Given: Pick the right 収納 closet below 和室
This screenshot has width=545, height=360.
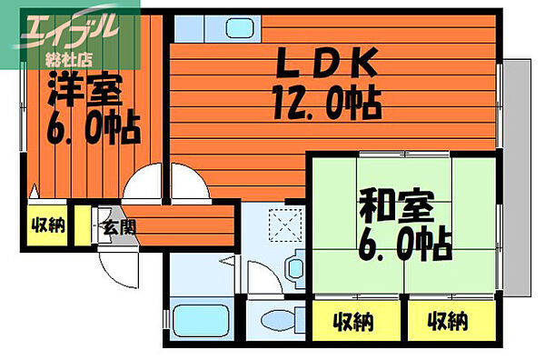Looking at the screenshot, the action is pos(449,320).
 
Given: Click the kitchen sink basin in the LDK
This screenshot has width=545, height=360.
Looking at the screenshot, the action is pos(203,26).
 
